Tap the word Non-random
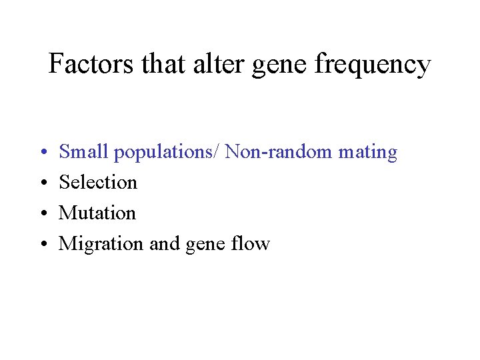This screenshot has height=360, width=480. click(279, 152)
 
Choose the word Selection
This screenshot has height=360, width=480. click(98, 182)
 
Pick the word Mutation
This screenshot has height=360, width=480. click(97, 213)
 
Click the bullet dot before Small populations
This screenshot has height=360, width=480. click(42, 153)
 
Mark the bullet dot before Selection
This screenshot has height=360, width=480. click(42, 183)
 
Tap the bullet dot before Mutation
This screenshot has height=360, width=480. click(42, 214)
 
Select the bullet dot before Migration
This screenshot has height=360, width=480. click(42, 245)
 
